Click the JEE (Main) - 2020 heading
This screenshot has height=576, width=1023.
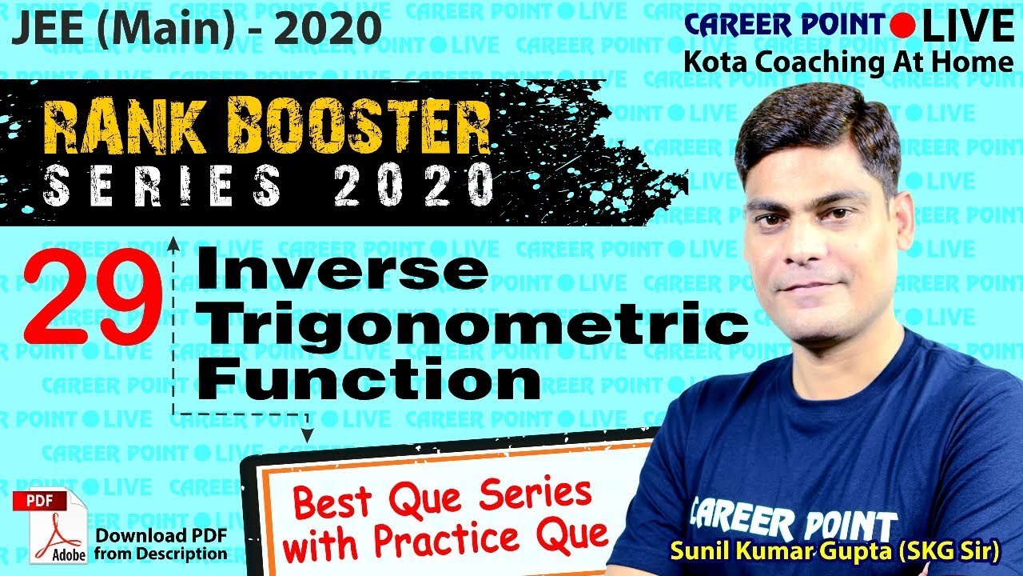point(195,29)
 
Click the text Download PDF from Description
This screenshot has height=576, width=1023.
point(161,544)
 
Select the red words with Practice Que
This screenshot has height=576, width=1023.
point(445,540)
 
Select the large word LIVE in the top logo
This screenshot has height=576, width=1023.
point(966,26)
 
